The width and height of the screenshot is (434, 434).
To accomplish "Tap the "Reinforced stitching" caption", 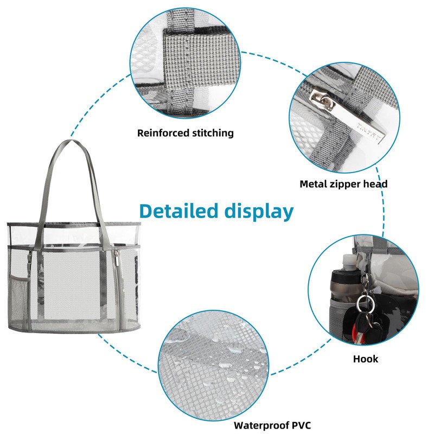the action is [185, 133].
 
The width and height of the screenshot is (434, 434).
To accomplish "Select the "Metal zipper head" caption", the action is [343, 184].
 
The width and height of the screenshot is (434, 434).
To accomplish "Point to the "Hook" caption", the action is [365, 359].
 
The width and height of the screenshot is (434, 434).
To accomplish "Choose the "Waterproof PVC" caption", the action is [272, 425].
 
